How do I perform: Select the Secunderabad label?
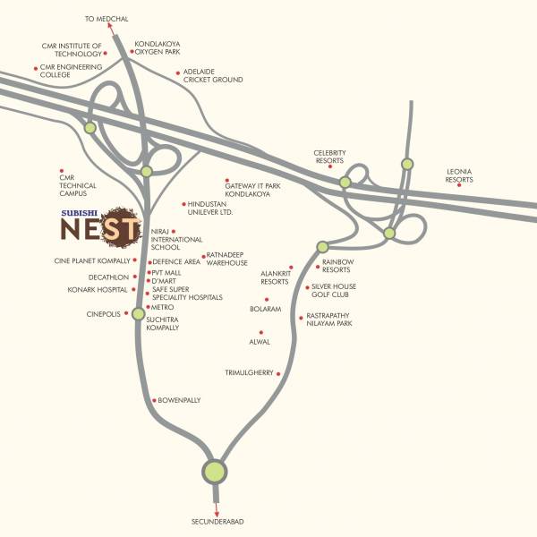217,521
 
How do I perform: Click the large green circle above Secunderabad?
215,471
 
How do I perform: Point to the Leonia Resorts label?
459,175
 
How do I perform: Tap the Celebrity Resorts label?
329,158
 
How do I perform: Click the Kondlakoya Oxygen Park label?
158,47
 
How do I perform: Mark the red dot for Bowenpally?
154,399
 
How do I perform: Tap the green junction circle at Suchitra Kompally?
138,314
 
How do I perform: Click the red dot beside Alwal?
260,332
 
